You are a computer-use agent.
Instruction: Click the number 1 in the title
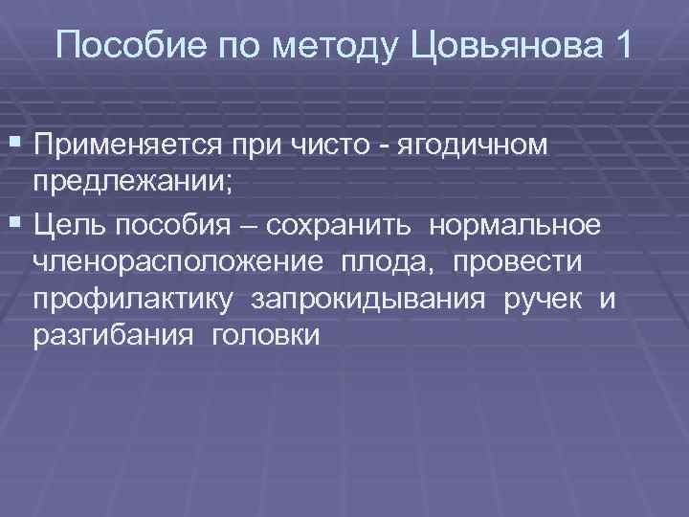[x=622, y=46]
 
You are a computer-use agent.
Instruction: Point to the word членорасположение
[x=177, y=261]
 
